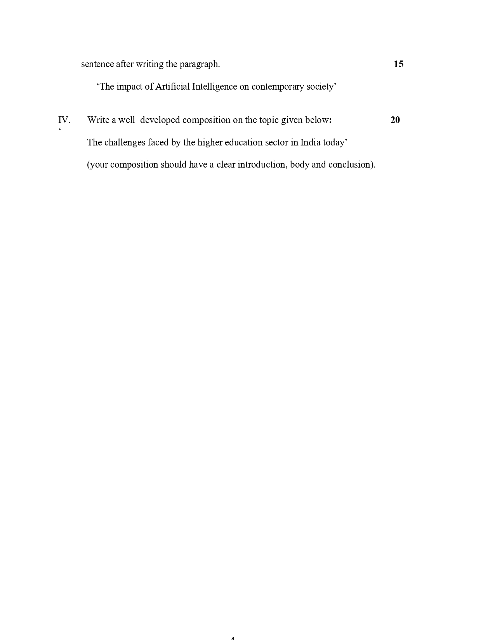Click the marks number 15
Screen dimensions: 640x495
pos(398,64)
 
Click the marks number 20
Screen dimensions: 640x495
pos(395,120)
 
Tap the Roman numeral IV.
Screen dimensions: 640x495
pos(64,120)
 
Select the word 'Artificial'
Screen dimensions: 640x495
pos(172,86)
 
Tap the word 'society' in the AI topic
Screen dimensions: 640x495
pos(321,87)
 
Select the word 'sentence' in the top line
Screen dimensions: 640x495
pos(97,64)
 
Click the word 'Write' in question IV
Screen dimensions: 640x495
pos(98,120)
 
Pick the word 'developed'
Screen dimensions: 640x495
pos(160,120)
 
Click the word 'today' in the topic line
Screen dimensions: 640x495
pos(334,143)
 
